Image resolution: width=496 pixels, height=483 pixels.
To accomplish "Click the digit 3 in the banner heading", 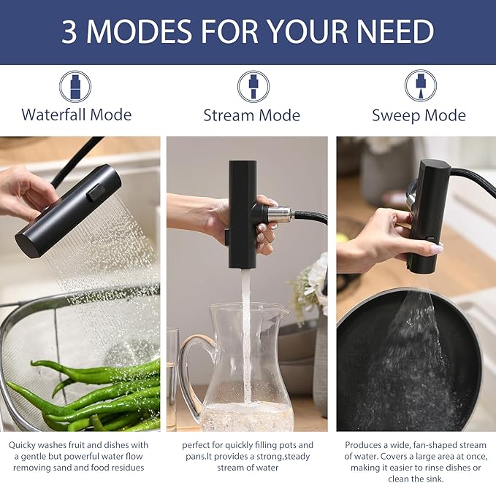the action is [69, 31].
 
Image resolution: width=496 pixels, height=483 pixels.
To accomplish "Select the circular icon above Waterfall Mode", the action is [75, 87].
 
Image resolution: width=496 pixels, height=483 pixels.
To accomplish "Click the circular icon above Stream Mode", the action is [253, 87].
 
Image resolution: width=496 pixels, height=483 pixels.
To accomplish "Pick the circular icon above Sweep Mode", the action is [421, 86].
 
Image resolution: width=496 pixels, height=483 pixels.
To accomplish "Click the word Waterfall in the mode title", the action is [54, 115].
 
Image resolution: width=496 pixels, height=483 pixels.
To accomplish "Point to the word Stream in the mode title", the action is [227, 115].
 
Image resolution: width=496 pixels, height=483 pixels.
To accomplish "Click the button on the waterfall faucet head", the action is [96, 192].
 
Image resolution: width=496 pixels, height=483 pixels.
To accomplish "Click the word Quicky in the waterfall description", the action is [21, 445].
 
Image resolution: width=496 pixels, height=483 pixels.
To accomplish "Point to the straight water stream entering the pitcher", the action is [246, 335].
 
